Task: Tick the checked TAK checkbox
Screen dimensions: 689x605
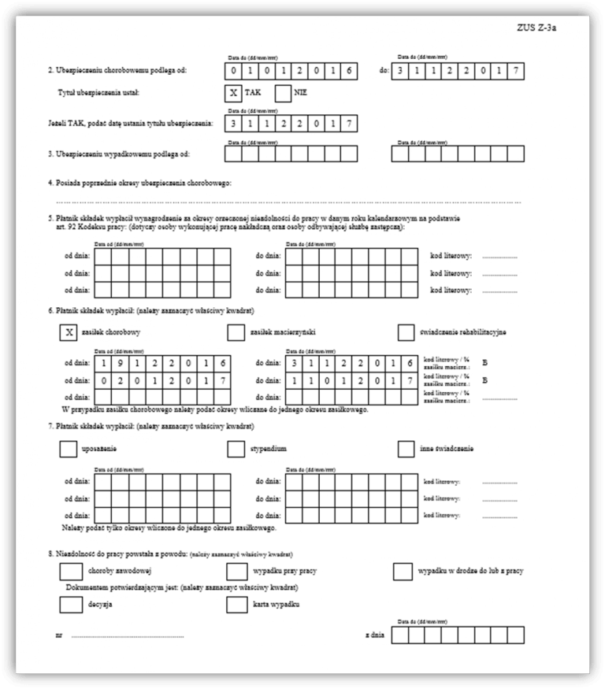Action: point(233,93)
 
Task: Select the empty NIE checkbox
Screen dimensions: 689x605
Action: point(284,93)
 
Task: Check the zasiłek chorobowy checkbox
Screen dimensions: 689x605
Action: point(69,332)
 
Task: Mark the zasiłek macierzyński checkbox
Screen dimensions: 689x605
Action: point(236,332)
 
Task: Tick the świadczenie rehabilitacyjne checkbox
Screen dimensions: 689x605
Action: point(406,332)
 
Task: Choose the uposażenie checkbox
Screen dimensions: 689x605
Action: point(69,448)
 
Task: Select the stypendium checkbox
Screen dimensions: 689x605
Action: point(236,448)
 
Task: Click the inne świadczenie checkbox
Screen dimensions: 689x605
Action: point(406,448)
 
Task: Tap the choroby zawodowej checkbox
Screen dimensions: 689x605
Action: point(70,570)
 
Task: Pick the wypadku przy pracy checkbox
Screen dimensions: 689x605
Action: point(236,570)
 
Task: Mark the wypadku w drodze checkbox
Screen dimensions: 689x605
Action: point(403,570)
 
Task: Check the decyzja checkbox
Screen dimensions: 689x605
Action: point(70,604)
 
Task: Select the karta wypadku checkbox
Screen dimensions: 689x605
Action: point(236,604)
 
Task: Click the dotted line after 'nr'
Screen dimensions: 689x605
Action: point(127,635)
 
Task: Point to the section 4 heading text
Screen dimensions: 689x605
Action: point(139,183)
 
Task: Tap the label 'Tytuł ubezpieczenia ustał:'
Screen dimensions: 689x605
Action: point(105,94)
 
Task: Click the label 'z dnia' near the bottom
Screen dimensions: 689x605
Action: point(374,635)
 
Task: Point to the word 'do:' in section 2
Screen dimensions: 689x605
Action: point(384,70)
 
